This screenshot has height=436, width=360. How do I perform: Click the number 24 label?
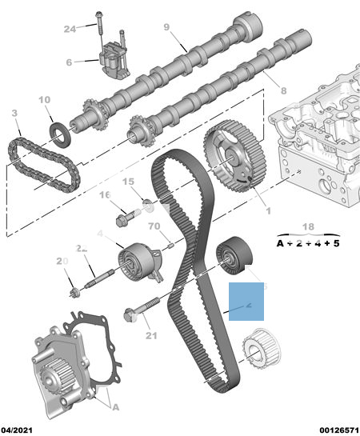tap(70, 30)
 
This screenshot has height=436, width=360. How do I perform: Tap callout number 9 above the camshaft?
tap(166, 28)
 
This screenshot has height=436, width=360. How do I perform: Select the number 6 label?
tap(70, 62)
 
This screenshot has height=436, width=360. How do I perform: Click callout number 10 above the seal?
tap(44, 101)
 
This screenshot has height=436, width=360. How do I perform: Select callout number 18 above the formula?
tap(309, 227)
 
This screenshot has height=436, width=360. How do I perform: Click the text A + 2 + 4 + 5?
tap(308, 242)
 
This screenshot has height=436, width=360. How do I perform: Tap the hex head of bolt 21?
tap(130, 314)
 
